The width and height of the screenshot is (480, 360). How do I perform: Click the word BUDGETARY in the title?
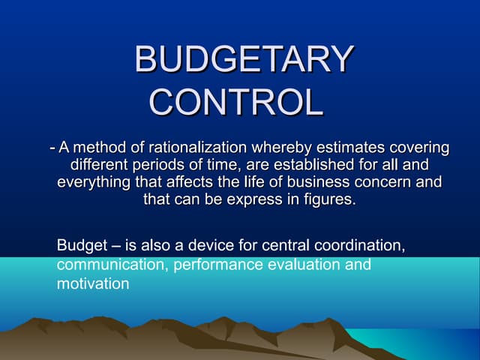click(x=243, y=60)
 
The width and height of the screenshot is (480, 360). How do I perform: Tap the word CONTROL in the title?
click(x=236, y=101)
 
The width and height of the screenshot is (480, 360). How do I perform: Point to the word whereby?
click(x=285, y=147)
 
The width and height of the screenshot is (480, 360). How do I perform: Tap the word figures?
click(x=328, y=200)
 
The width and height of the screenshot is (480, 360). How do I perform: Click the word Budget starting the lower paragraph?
click(x=80, y=246)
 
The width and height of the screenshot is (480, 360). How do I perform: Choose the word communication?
click(x=112, y=265)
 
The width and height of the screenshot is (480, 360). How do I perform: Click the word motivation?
click(x=93, y=283)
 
